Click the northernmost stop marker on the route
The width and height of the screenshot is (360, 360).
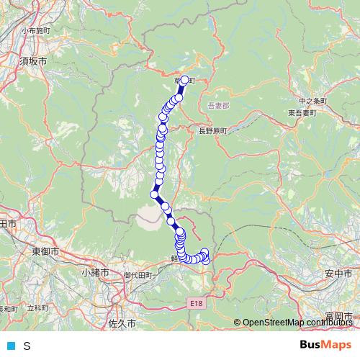185,81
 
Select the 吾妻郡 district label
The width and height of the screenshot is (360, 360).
217,106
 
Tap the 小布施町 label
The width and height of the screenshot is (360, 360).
36,31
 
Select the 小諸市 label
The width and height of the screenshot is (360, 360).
95,273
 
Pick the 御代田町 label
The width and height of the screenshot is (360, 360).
139,275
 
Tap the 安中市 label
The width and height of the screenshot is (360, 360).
338,274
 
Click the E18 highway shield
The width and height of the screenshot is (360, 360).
198,305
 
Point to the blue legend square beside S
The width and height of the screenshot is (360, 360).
10,346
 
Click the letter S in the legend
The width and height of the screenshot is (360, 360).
27,346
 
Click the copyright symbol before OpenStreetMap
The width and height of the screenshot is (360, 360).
237,323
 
